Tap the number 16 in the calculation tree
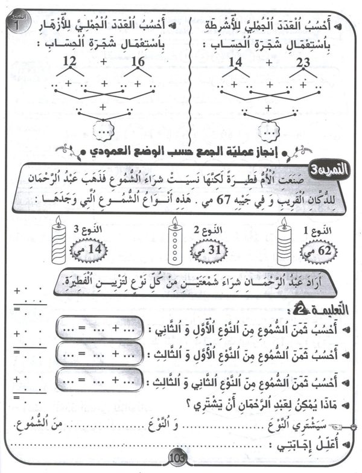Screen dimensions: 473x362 pyautogui.click(x=138, y=61)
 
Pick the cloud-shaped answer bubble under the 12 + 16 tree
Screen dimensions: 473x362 pyautogui.click(x=105, y=130)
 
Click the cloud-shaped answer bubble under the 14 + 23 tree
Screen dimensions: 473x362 pyautogui.click(x=267, y=130)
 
